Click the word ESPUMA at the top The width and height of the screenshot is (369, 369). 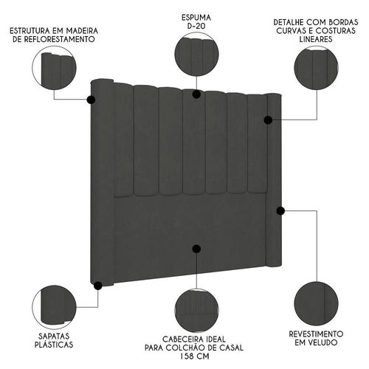[x=196, y=18]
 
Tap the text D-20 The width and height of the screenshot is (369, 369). [x=196, y=26]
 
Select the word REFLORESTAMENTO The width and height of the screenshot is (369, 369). [x=54, y=39]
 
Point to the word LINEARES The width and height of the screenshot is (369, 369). [x=316, y=39]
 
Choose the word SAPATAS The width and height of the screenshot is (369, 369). [x=54, y=337]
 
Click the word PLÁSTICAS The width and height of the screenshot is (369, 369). [x=54, y=345]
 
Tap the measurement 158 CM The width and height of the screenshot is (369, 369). [x=194, y=356]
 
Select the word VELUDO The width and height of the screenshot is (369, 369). [x=322, y=342]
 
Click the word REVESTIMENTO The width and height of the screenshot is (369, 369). [x=316, y=334]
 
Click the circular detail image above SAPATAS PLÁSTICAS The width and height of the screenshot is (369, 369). [x=54, y=307]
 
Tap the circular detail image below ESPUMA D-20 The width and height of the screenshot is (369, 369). [x=196, y=54]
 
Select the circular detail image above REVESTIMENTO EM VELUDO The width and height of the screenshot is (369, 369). [x=316, y=303]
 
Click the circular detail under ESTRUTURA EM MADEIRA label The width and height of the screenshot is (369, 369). [x=54, y=68]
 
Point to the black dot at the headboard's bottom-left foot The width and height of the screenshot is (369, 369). [x=98, y=286]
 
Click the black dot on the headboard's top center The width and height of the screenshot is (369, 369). [x=196, y=94]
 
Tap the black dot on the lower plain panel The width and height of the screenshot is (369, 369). [x=196, y=249]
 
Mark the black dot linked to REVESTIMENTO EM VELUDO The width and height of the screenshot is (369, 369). [x=280, y=211]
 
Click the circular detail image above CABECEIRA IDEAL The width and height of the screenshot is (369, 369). [x=196, y=311]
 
